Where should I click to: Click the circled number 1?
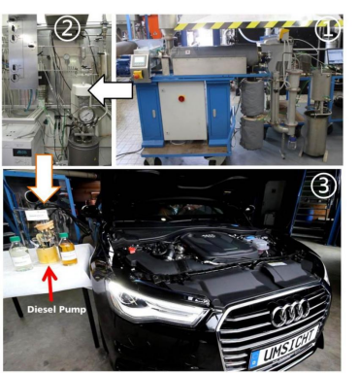pyautogui.click(x=327, y=29)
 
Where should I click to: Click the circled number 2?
pyautogui.click(x=67, y=28)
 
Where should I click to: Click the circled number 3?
pyautogui.click(x=324, y=186)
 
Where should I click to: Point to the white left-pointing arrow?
pyautogui.click(x=111, y=90)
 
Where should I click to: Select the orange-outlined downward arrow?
pyautogui.click(x=44, y=179)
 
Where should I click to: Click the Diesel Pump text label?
pyautogui.click(x=56, y=310)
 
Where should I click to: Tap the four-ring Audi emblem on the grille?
pyautogui.click(x=291, y=313)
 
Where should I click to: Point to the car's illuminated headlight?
pyautogui.click(x=155, y=301)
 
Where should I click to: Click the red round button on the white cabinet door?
pyautogui.click(x=181, y=98)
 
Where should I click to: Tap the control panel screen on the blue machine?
pyautogui.click(x=139, y=60)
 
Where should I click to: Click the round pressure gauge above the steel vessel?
pyautogui.click(x=86, y=116)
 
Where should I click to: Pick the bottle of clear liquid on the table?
pyautogui.click(x=20, y=254)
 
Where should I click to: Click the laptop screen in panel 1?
pyautogui.click(x=335, y=56)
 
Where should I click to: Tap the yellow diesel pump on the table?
pyautogui.click(x=48, y=244)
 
